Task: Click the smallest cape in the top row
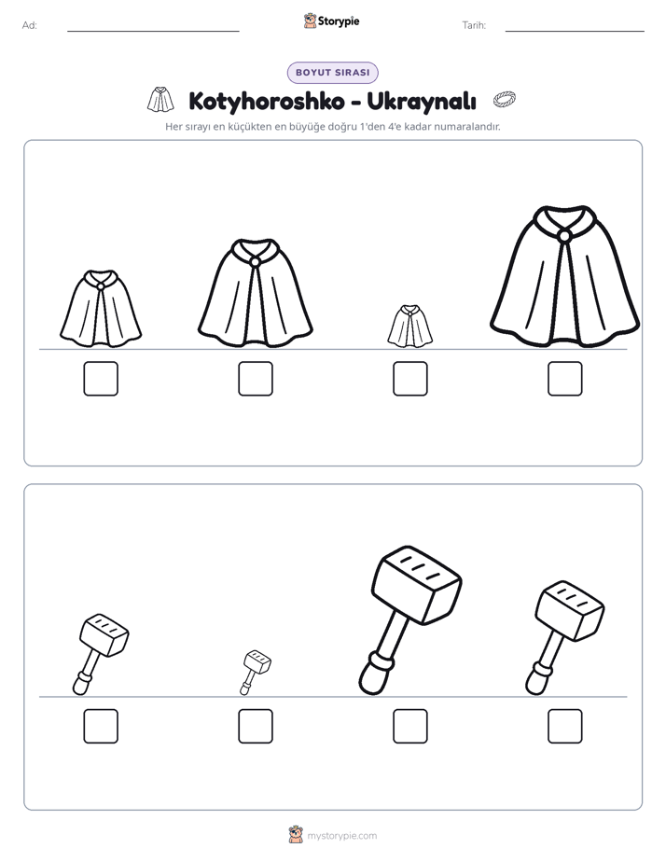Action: [x=409, y=326]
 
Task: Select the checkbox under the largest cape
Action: [x=565, y=379]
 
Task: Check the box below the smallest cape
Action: [x=409, y=379]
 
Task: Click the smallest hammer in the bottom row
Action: [x=256, y=672]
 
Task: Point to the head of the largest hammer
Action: [x=417, y=584]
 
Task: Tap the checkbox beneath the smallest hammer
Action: [x=256, y=726]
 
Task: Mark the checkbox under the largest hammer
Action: [x=409, y=726]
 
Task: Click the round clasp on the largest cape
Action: [x=563, y=236]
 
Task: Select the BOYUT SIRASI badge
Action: [x=332, y=73]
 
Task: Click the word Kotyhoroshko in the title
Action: [x=267, y=101]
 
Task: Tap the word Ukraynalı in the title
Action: [x=421, y=101]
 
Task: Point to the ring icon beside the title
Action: [x=505, y=99]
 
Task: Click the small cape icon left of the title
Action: [x=160, y=100]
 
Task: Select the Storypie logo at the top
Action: [x=332, y=21]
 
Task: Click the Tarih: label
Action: [x=474, y=25]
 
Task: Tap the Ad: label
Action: [x=30, y=25]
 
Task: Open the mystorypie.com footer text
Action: [x=341, y=836]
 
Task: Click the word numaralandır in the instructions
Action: [x=467, y=127]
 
